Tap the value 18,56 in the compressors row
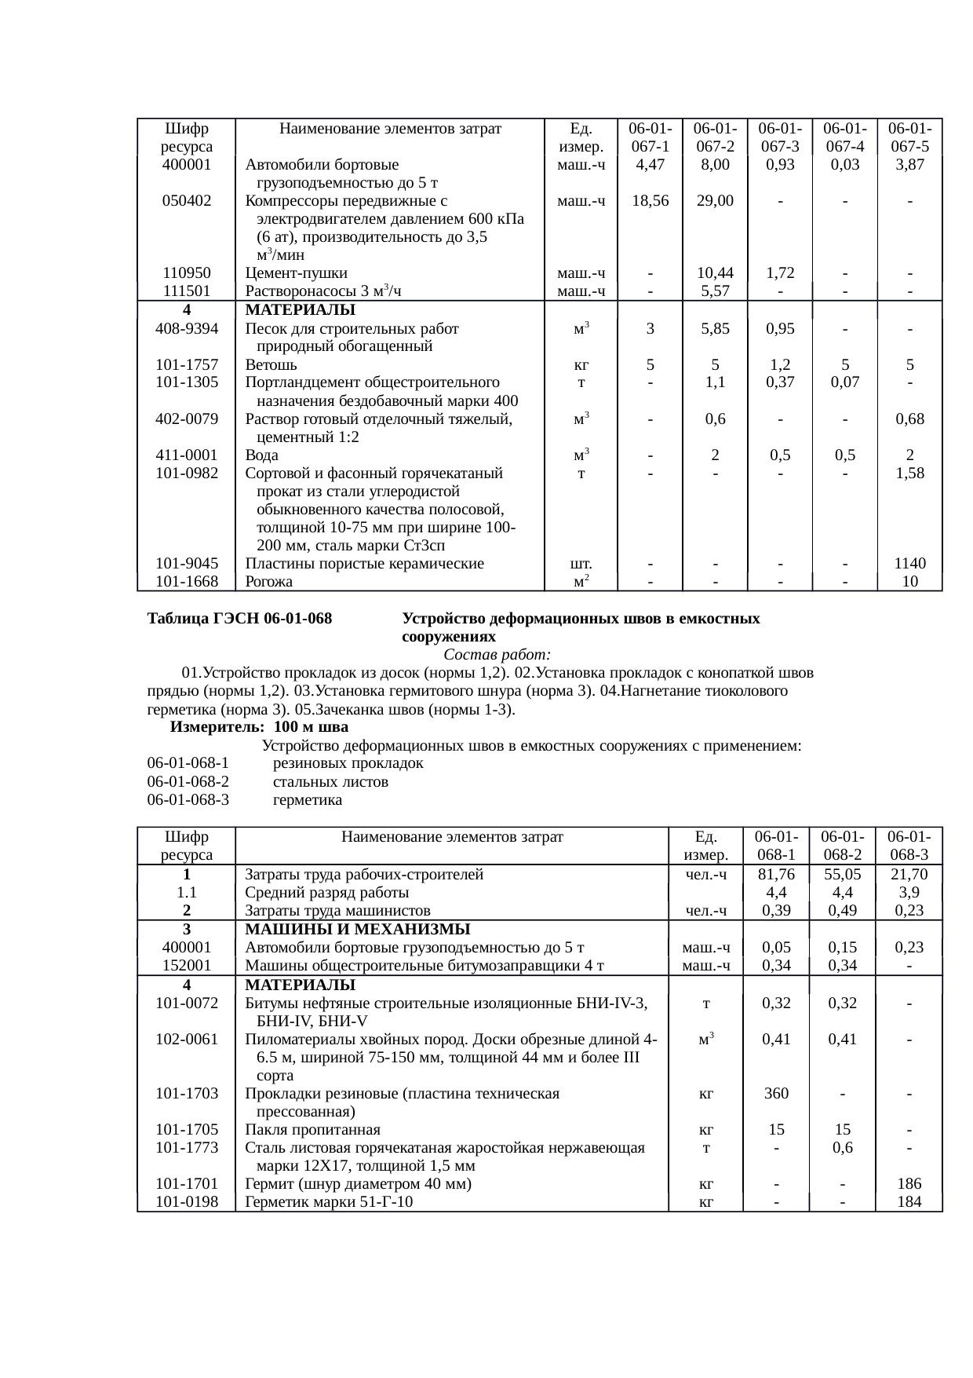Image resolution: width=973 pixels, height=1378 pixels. pyautogui.click(x=650, y=201)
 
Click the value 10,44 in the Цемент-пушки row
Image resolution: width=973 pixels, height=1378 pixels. pyautogui.click(x=715, y=273)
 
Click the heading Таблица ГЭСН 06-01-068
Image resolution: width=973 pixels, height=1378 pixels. pyautogui.click(x=239, y=619)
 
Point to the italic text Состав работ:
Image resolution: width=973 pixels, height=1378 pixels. pyautogui.click(x=497, y=655)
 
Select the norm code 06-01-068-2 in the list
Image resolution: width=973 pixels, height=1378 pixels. pyautogui.click(x=188, y=782)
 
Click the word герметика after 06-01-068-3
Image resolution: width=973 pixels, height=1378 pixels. pyautogui.click(x=307, y=800)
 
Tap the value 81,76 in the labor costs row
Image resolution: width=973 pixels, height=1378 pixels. pyautogui.click(x=776, y=875)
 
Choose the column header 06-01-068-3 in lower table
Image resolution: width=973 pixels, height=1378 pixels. pyautogui.click(x=909, y=846)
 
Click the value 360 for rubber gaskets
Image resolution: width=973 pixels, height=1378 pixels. pyautogui.click(x=776, y=1094)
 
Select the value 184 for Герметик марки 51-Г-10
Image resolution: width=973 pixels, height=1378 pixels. pyautogui.click(x=909, y=1202)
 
